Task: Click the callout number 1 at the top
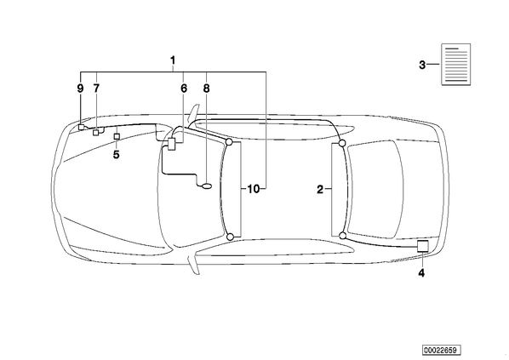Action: [173, 60]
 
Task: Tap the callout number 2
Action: [320, 189]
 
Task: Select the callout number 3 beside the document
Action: [422, 65]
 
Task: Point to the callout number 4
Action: [421, 273]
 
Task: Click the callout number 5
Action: [117, 155]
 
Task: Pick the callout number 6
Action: [184, 89]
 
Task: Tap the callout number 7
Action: [96, 89]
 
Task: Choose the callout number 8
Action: [207, 89]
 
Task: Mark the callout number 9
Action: [80, 89]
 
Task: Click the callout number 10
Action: [254, 189]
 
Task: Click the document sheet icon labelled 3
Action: [456, 65]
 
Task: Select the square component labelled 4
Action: [423, 247]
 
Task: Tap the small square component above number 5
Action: [117, 136]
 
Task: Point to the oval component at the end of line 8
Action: [207, 186]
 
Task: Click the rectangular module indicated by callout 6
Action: [172, 144]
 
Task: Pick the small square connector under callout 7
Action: [96, 133]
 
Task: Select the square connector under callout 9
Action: [81, 127]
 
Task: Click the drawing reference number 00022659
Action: [442, 351]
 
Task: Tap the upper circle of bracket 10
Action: [229, 142]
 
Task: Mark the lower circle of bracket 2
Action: [342, 236]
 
